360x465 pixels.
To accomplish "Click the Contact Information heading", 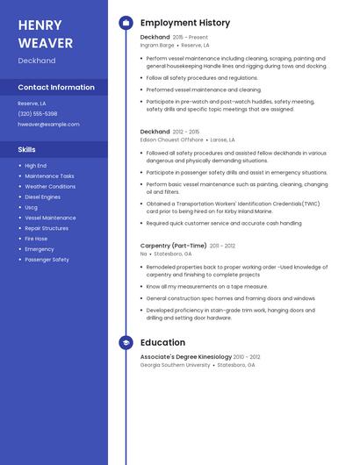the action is pyautogui.click(x=56, y=88).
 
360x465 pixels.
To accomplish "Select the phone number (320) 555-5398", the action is pyautogui.click(x=38, y=114).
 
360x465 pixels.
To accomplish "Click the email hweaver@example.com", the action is pyautogui.click(x=48, y=125).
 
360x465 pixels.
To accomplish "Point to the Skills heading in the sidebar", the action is pyautogui.click(x=27, y=150).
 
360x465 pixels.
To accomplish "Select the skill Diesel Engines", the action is pyautogui.click(x=43, y=197).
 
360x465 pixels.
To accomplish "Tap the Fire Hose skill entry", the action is pyautogui.click(x=36, y=239).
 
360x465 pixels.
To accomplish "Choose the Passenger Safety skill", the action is pyautogui.click(x=47, y=260).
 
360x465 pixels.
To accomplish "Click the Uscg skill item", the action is pyautogui.click(x=32, y=207).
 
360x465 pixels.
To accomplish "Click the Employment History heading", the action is pyautogui.click(x=185, y=23).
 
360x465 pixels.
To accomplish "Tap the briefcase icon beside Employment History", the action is pyautogui.click(x=126, y=23).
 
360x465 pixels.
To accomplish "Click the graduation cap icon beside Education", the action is pyautogui.click(x=126, y=343).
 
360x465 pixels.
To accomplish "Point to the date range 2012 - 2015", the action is pyautogui.click(x=186, y=132).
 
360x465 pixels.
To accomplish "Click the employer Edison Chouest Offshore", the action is pyautogui.click(x=171, y=139).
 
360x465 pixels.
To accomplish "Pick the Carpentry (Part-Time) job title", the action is pyautogui.click(x=173, y=246).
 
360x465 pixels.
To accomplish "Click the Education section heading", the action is pyautogui.click(x=162, y=343).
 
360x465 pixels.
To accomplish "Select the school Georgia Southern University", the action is pyautogui.click(x=175, y=365).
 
